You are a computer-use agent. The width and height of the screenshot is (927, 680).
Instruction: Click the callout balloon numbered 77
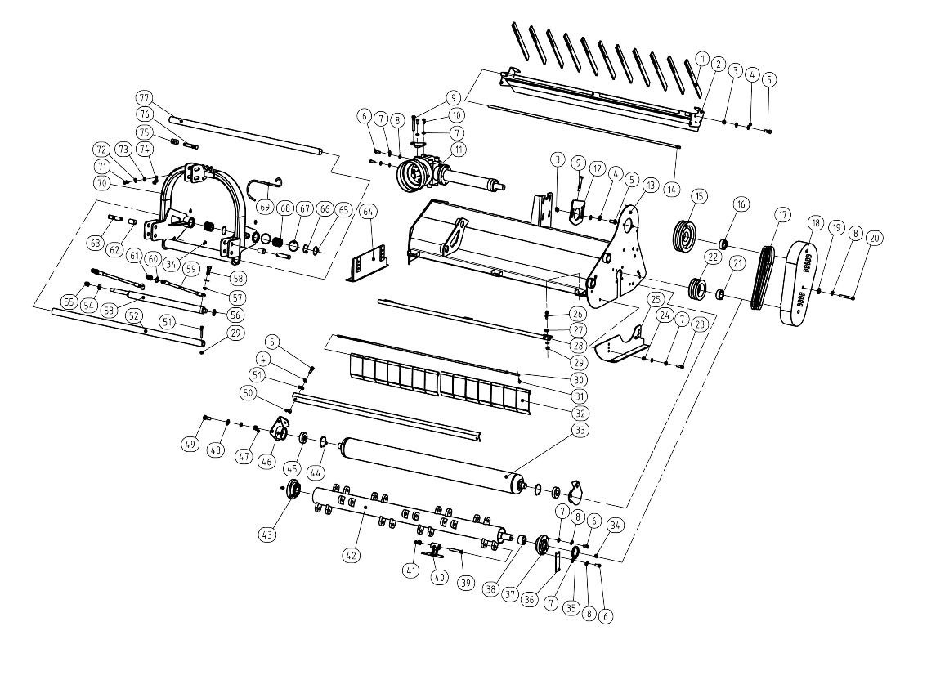[x=145, y=98]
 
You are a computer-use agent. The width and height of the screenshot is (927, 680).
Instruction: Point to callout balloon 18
[x=815, y=223]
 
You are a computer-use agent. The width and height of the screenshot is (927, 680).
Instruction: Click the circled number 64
[x=369, y=212]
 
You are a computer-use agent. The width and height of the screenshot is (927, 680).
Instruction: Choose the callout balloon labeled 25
[x=655, y=300]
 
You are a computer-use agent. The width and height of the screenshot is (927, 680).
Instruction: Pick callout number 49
[x=190, y=444]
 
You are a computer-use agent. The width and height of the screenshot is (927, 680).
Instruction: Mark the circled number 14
[x=672, y=190]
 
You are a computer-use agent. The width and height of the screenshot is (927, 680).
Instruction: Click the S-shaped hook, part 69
[x=267, y=193]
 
